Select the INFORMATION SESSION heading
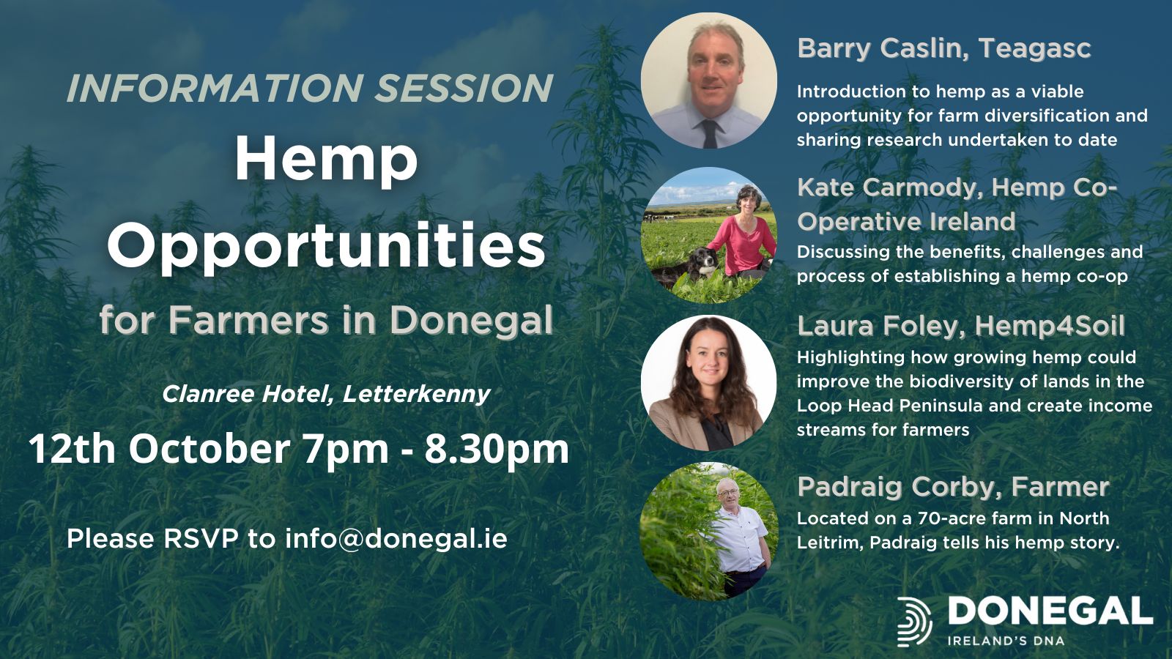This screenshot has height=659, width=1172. tap(310, 88)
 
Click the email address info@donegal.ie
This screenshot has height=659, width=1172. tap(396, 539)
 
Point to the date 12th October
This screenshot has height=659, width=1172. tap(159, 449)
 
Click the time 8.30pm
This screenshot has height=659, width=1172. tap(497, 450)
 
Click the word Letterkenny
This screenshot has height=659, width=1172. tap(417, 395)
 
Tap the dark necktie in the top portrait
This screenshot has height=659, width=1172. tap(710, 133)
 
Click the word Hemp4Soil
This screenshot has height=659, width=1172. tap(1050, 327)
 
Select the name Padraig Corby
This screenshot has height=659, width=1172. tap(896, 487)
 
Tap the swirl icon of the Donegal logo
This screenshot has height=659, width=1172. tap(914, 622)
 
